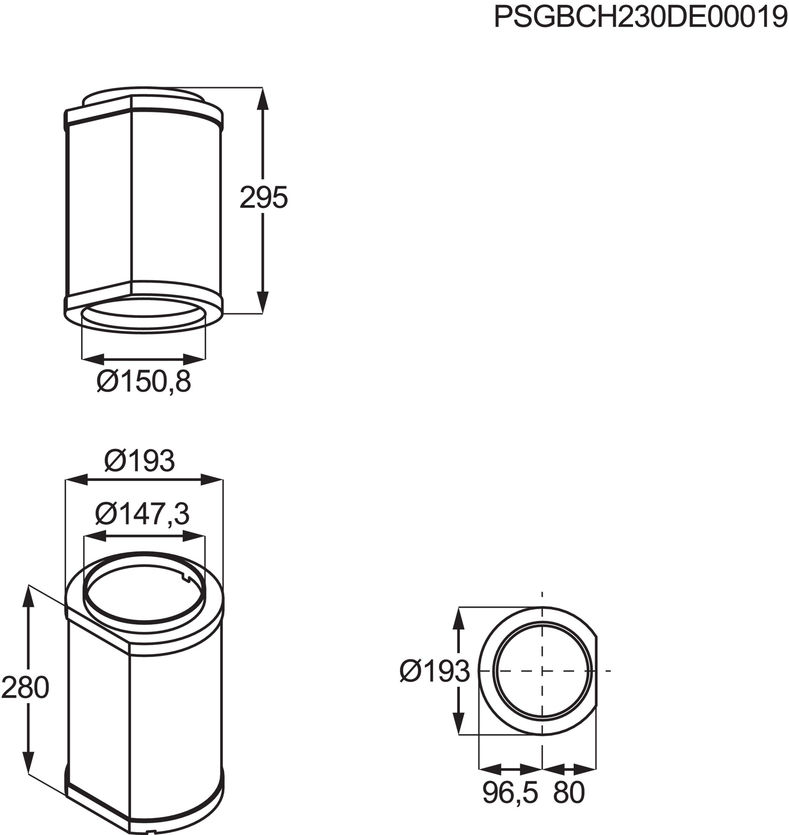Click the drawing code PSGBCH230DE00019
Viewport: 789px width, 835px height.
[640, 18]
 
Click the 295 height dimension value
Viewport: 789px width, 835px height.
[264, 197]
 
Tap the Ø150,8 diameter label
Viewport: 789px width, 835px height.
[144, 382]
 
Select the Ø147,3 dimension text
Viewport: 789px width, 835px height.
[142, 514]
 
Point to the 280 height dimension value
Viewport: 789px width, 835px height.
[25, 688]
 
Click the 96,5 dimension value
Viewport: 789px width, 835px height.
[510, 793]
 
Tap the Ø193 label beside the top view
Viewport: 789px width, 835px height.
[434, 671]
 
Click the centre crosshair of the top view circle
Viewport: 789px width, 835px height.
[542, 671]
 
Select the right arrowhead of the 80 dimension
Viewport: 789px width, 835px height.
[585, 769]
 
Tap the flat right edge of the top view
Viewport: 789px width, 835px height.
[597, 671]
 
